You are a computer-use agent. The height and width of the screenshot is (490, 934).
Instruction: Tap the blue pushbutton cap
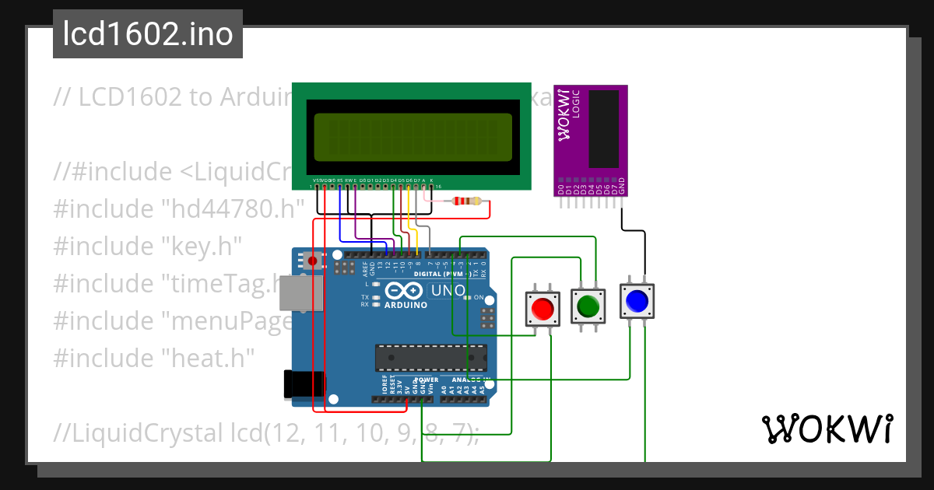coord(637,301)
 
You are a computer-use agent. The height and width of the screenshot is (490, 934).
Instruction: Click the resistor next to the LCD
coord(465,202)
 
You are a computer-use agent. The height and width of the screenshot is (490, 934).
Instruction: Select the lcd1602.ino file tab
coord(148,34)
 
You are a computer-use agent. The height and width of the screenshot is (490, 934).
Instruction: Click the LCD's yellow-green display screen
coord(413,136)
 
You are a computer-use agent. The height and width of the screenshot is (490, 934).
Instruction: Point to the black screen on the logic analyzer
coord(604,128)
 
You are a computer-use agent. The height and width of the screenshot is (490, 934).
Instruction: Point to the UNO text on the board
coord(448,291)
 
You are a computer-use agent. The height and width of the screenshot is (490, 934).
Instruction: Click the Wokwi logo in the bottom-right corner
coord(827,429)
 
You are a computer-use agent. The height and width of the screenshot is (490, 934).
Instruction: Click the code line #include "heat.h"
coord(154,358)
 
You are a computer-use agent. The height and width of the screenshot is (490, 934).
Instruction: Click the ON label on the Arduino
coord(479,298)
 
